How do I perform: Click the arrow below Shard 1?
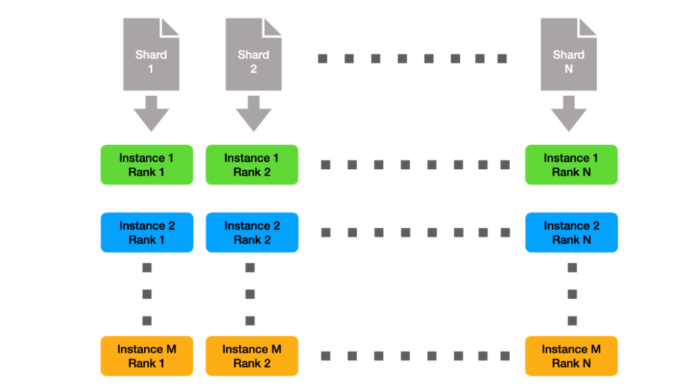pyautogui.click(x=151, y=113)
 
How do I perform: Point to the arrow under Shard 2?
pyautogui.click(x=254, y=113)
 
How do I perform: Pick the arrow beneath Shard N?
pyautogui.click(x=568, y=113)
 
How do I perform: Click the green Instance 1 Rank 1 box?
pyautogui.click(x=147, y=164)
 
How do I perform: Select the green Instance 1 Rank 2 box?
pyautogui.click(x=251, y=164)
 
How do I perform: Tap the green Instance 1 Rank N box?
pyautogui.click(x=571, y=164)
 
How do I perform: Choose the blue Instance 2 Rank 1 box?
pyautogui.click(x=147, y=232)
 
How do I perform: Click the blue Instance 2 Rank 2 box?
pyautogui.click(x=251, y=232)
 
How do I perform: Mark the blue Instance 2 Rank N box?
pyautogui.click(x=571, y=232)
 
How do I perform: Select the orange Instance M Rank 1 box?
pyautogui.click(x=147, y=356)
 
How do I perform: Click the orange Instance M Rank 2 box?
pyautogui.click(x=251, y=356)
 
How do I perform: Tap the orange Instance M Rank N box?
pyautogui.click(x=571, y=356)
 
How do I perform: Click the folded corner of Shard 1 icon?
pyautogui.click(x=171, y=26)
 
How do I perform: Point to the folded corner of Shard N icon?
pyautogui.click(x=588, y=26)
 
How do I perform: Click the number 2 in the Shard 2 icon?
pyautogui.click(x=254, y=69)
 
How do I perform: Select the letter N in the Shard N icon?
pyautogui.click(x=568, y=69)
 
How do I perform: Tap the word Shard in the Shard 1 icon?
pyautogui.click(x=151, y=54)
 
